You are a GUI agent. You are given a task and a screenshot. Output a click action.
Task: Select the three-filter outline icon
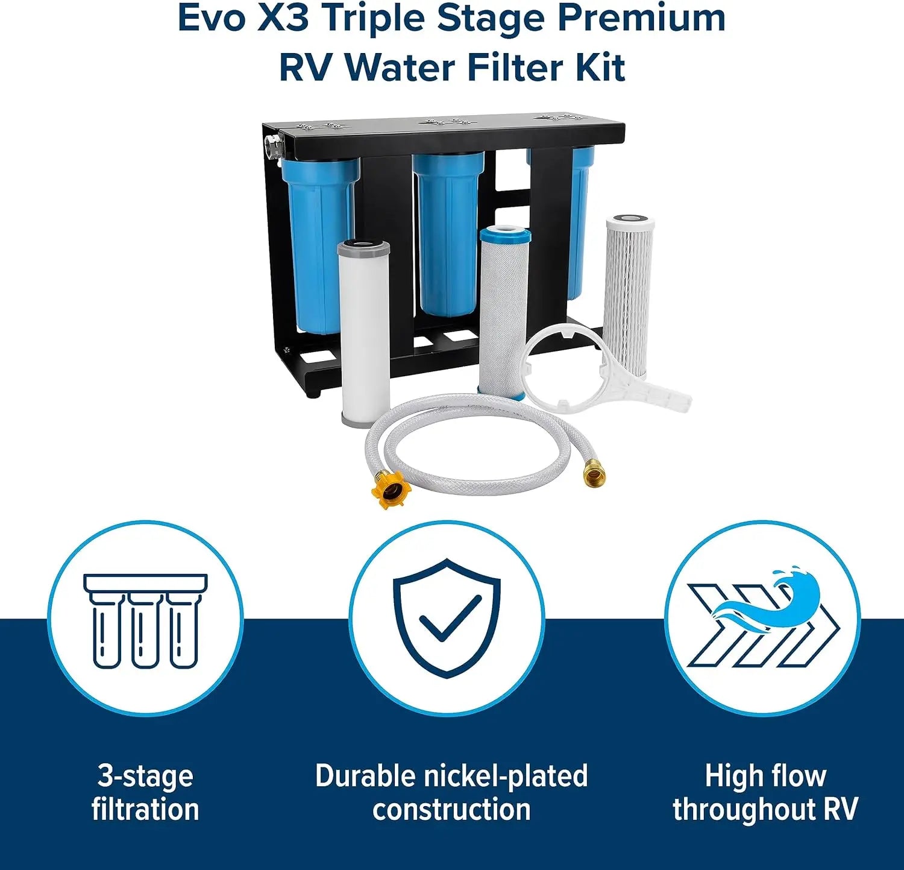coord(145,621)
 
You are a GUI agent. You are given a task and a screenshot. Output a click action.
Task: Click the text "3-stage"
coord(145,775)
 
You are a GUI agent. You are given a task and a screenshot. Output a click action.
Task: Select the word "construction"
coord(451,809)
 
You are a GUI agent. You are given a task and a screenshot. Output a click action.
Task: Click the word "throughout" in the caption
coord(744,809)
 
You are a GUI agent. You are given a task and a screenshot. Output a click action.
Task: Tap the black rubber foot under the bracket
coord(313,392)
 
